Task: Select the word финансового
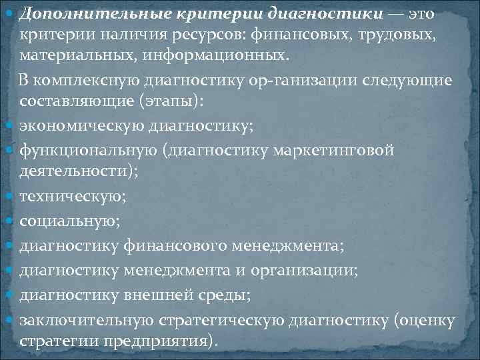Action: pos(176,247)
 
